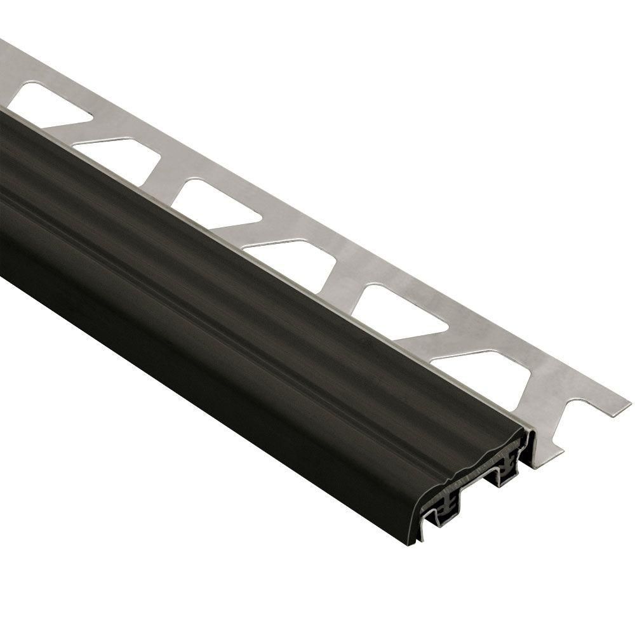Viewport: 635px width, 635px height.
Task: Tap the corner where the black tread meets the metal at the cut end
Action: tap(528, 429)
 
